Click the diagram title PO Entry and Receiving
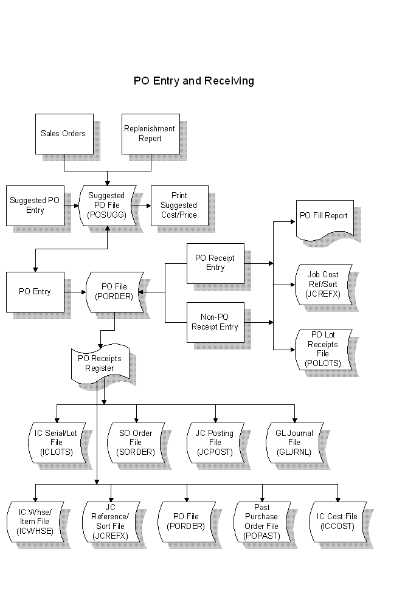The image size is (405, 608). [x=194, y=81]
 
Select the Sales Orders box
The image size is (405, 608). [x=63, y=134]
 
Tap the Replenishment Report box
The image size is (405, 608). [x=150, y=134]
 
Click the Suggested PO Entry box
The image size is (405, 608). [x=35, y=206]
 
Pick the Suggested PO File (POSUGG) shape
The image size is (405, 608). [x=107, y=206]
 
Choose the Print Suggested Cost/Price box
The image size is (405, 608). [x=179, y=206]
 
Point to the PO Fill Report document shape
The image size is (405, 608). [x=324, y=218]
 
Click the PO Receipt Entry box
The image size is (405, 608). [x=215, y=263]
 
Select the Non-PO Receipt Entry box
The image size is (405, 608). [x=215, y=322]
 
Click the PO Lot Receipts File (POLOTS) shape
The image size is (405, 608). [x=322, y=350]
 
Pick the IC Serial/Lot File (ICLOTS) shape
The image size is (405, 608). [x=56, y=443]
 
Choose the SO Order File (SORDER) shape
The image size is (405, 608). [x=136, y=443]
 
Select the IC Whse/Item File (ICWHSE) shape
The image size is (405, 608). [x=35, y=522]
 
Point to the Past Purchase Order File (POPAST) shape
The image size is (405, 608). [x=261, y=522]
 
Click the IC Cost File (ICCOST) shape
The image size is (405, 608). [x=337, y=522]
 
